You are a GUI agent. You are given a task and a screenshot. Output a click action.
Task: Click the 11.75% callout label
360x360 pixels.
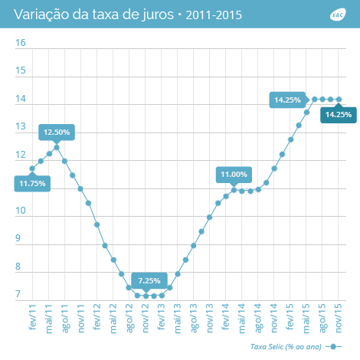[32, 184]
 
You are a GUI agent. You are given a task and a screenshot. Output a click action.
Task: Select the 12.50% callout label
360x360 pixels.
[57, 132]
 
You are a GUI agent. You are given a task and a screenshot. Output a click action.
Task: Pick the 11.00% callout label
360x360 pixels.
[234, 175]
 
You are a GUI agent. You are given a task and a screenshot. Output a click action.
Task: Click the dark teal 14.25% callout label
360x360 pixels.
[338, 115]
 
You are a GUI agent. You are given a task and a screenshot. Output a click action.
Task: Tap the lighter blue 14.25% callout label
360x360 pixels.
[287, 100]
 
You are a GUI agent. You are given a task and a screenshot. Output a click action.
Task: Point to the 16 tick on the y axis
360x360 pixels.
[21, 43]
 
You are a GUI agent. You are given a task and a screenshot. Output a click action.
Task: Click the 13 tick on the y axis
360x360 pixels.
[21, 127]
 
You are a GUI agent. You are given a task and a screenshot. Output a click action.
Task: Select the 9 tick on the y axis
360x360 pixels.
[21, 240]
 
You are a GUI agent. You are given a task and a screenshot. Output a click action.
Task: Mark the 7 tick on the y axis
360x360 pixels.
[21, 296]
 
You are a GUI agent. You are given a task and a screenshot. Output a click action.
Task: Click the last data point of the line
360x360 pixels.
[339, 99]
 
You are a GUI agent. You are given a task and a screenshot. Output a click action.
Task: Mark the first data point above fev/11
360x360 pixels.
[32, 169]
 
